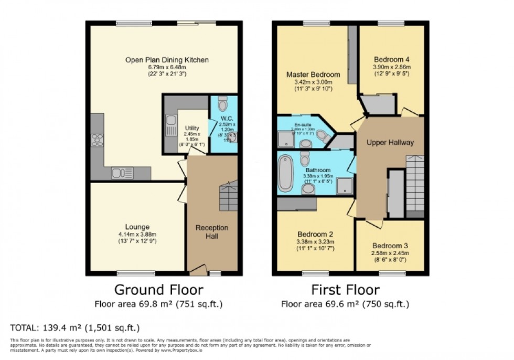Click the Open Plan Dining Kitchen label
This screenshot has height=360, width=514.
pos(167,60)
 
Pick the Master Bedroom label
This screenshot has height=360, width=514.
pos(313,75)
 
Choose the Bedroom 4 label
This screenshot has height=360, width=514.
pos(391,59)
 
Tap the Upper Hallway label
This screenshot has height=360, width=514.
pos(390,142)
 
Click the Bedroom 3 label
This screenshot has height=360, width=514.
pos(390,246)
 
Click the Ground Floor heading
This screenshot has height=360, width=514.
pos(158,290)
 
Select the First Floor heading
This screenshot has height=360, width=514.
pos(345,290)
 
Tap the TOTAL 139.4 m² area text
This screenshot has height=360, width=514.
pos(75,328)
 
